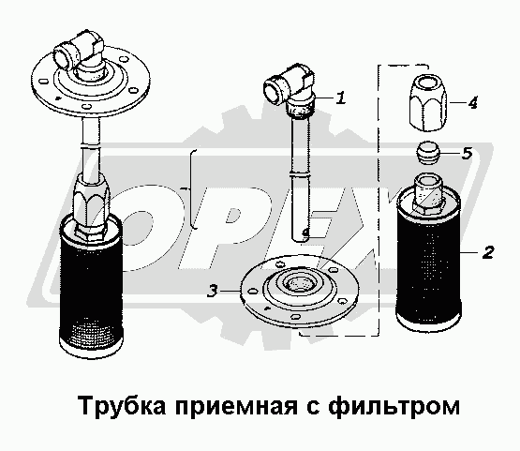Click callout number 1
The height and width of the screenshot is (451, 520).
coord(340,98)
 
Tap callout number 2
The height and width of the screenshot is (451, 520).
coord(488,252)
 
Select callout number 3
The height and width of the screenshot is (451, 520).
coord(213,291)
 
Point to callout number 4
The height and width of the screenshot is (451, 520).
coord(472,102)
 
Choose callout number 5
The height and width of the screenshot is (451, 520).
coord(467,153)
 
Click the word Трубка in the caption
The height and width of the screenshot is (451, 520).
coord(122,405)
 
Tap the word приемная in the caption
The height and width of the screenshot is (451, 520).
coord(236,407)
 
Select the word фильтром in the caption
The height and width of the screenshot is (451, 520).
coord(394,407)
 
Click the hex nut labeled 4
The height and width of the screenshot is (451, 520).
coord(428,102)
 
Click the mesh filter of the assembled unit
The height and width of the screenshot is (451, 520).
coord(91,284)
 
